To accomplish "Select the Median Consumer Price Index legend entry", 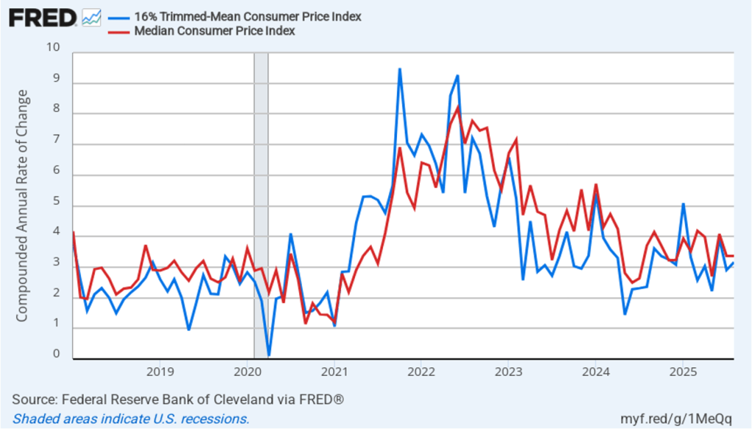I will [214, 31].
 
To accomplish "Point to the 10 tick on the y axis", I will [53, 48].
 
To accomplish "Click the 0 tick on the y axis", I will [57, 355].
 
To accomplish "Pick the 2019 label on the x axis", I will [160, 370].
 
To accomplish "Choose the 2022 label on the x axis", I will [420, 370].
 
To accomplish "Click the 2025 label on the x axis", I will [681, 370].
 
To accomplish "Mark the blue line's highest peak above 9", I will [399, 69].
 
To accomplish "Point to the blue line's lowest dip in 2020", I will [269, 355].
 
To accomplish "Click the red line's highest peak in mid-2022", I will [457, 107].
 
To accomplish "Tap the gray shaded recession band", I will [261, 206].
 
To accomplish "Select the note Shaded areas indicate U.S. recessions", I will [132, 419].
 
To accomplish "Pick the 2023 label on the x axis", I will [507, 370].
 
